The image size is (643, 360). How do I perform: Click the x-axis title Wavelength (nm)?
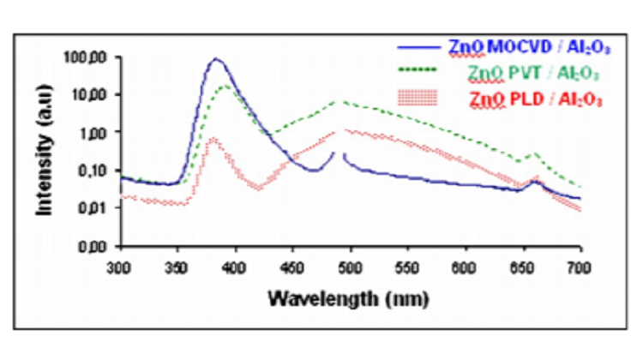coord(342,299)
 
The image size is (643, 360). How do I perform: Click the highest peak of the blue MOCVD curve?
coord(216,59)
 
